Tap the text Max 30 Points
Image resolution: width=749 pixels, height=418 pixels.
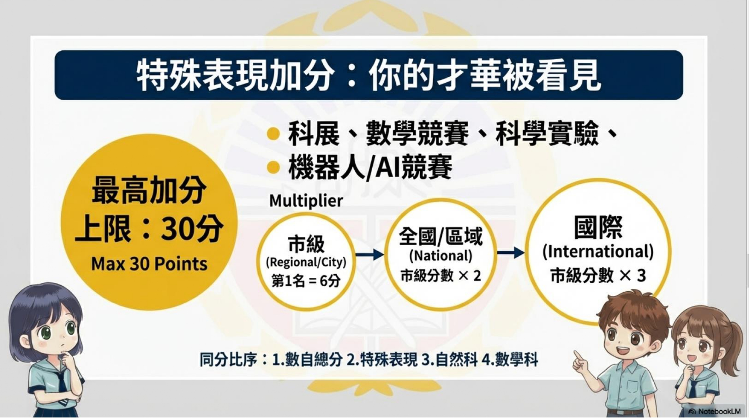tap(149, 264)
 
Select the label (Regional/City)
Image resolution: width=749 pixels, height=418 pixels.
tap(306, 262)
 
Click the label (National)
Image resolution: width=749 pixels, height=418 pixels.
tap(440, 256)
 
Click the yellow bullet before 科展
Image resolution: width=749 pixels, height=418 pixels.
tap(273, 134)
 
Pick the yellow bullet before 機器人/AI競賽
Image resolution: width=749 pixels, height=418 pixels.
tap(273, 167)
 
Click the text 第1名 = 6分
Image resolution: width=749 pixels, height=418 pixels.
tap(306, 281)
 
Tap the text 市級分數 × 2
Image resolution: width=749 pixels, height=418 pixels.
tap(440, 276)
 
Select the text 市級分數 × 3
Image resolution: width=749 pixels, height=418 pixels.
tap(598, 275)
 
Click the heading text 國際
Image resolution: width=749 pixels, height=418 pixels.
tap(598, 227)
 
